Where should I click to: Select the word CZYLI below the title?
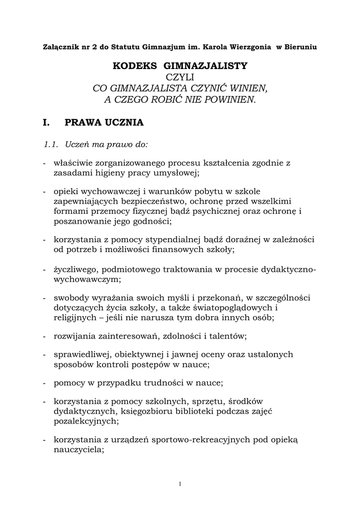point(180,77)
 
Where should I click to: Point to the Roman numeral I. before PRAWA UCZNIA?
point(48,122)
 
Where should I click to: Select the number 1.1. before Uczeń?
point(52,145)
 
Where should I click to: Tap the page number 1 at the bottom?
point(180,484)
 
